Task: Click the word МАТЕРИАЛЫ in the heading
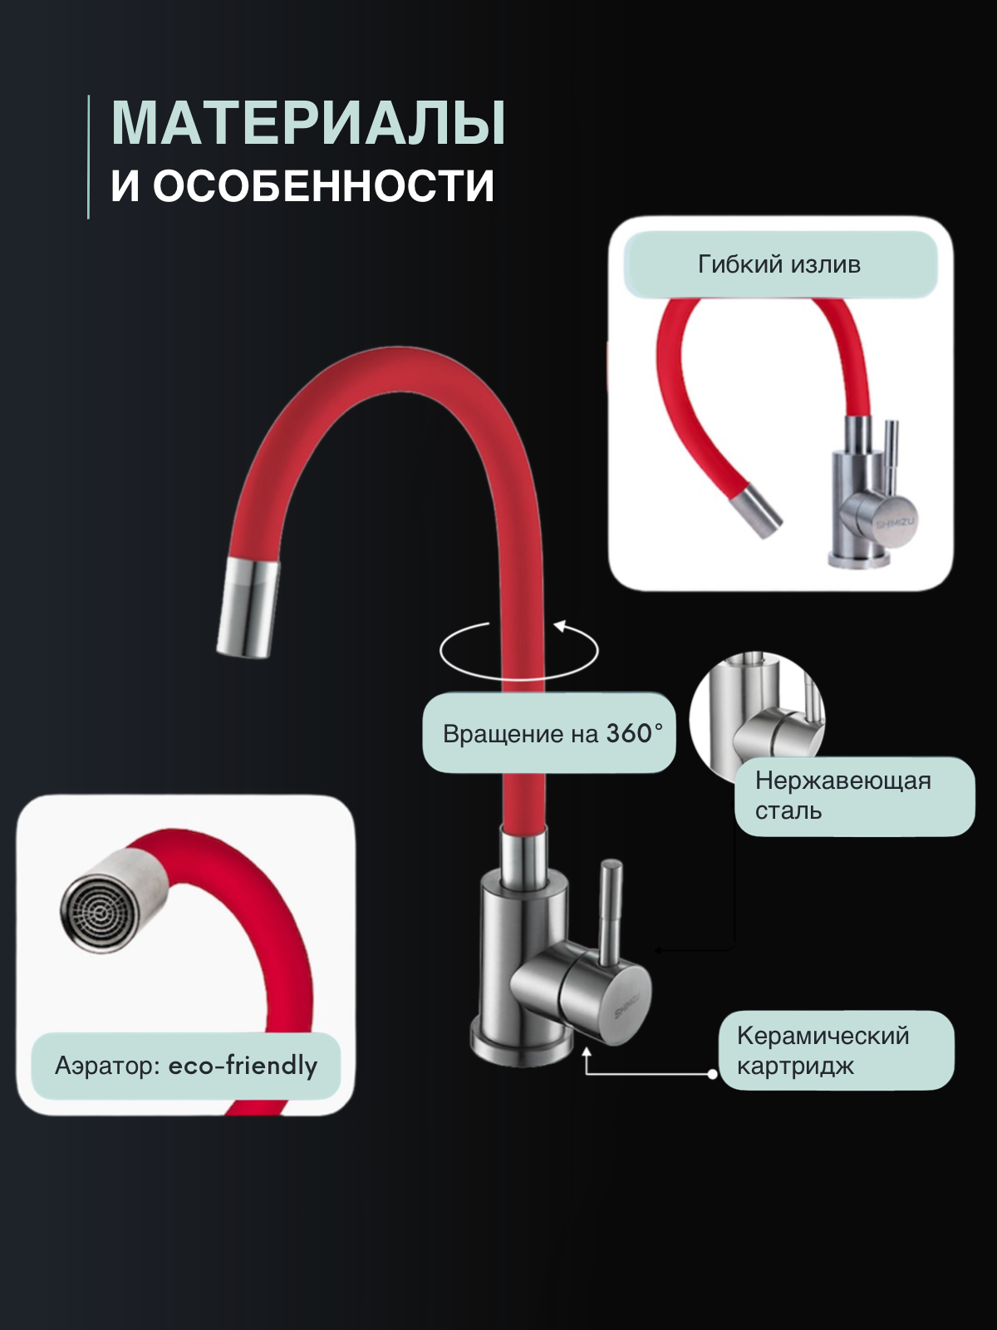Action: click(308, 124)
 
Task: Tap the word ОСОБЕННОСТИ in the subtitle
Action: click(323, 185)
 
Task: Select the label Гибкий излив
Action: click(779, 264)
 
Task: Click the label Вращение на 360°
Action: click(549, 733)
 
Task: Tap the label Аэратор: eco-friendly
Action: click(186, 1066)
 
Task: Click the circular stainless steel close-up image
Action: click(757, 715)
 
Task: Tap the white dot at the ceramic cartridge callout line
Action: click(713, 1074)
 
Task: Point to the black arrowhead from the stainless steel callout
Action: click(657, 949)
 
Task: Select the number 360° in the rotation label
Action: click(634, 733)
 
